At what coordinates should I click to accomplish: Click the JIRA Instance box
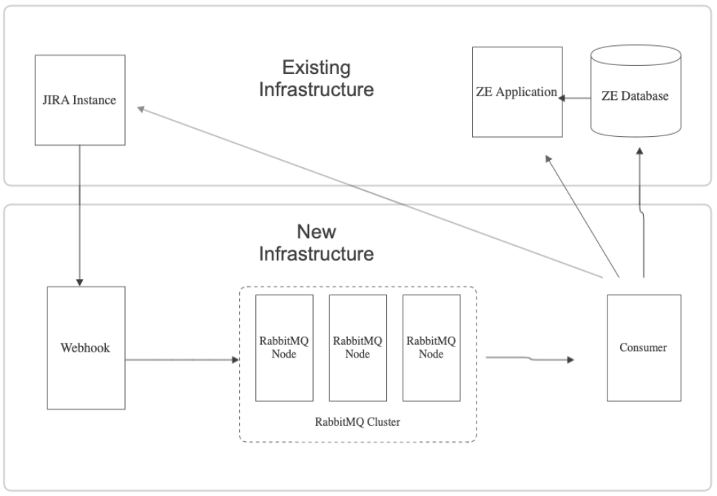[80, 99]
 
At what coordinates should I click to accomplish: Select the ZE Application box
[516, 92]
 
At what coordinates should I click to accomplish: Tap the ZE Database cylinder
[635, 96]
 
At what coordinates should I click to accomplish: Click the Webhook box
[85, 346]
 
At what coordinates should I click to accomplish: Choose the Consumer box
[643, 346]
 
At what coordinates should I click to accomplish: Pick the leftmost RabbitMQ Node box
[283, 346]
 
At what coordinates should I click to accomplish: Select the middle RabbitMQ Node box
[357, 346]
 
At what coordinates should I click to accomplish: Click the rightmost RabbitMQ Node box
[431, 346]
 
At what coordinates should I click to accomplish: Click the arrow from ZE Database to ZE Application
[575, 96]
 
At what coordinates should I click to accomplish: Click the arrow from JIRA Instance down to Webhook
[79, 215]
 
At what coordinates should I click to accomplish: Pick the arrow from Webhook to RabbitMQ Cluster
[182, 361]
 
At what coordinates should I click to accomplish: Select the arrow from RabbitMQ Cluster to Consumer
[529, 360]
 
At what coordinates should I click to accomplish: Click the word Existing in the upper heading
[316, 68]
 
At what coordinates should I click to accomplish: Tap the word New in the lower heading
[316, 232]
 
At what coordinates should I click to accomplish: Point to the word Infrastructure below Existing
[316, 90]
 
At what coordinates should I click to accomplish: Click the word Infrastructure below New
[316, 254]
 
